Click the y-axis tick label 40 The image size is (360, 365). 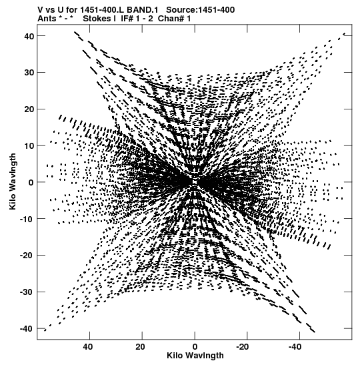[29, 36]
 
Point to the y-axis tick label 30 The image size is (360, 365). [29, 73]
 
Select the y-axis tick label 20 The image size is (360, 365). [29, 109]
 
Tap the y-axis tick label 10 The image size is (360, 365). [29, 145]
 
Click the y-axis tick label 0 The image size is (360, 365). [31, 182]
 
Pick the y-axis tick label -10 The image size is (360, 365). [27, 219]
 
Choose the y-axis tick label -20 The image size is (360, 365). [27, 256]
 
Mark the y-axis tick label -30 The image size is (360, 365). [27, 292]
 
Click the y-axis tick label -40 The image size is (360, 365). [27, 329]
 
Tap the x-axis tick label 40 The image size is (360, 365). [87, 347]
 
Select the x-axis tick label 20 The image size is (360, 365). [140, 347]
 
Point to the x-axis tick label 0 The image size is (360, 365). [195, 347]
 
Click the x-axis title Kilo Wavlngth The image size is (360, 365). [195, 356]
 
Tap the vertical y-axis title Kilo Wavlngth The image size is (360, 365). [13, 181]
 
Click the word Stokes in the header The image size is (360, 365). [97, 19]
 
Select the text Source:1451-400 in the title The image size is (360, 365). [201, 10]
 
